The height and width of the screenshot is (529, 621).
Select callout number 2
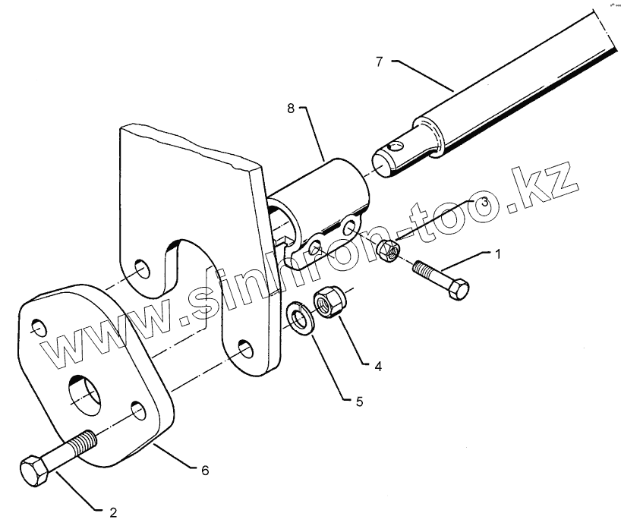(113, 512)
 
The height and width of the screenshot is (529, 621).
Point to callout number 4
(377, 365)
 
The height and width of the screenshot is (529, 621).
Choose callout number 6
(204, 471)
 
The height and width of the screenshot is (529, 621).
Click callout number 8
(291, 109)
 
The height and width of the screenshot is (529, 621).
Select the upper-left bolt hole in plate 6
(38, 328)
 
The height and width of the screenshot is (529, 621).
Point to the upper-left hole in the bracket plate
(141, 269)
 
